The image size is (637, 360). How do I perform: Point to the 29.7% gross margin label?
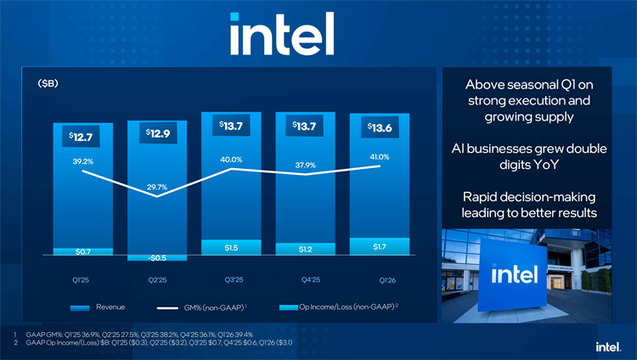coord(156,186)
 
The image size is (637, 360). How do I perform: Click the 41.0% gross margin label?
coord(380,157)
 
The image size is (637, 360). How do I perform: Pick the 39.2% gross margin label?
coord(82,161)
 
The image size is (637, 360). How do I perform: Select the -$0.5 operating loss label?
coord(156,257)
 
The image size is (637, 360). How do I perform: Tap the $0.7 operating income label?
coord(82,251)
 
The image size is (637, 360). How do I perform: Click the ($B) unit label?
coord(48,83)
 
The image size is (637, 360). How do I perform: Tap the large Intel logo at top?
coord(280,34)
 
